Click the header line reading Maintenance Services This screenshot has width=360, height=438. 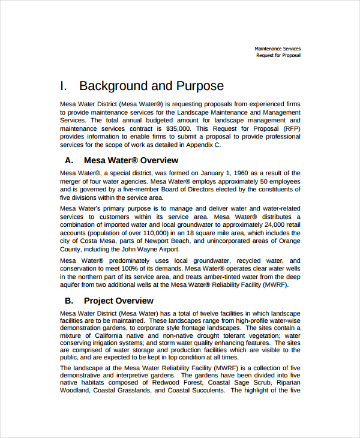tap(277, 49)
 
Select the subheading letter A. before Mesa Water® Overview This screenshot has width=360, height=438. tap(69, 160)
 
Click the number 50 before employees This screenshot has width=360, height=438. tap(264, 181)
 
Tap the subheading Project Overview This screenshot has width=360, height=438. tap(118, 301)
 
